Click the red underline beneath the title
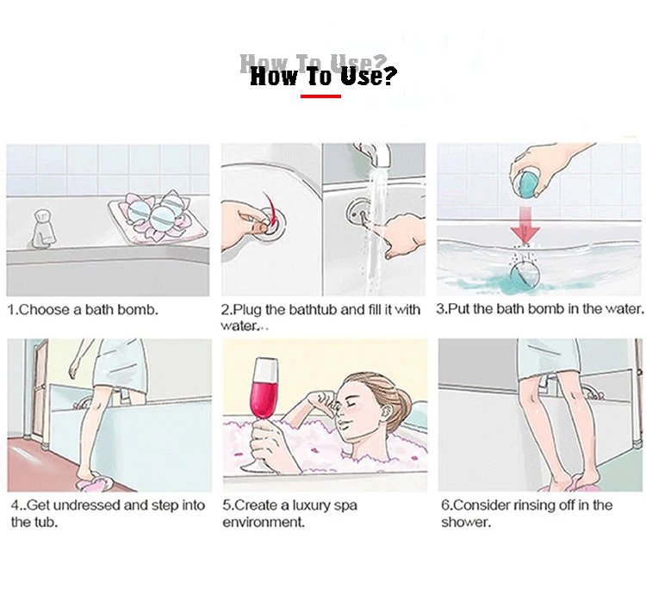(x=320, y=96)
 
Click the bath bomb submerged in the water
(x=525, y=275)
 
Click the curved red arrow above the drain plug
(x=269, y=207)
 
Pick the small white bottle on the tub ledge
(x=43, y=227)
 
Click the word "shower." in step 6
(x=466, y=523)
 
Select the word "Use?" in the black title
(x=369, y=76)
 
